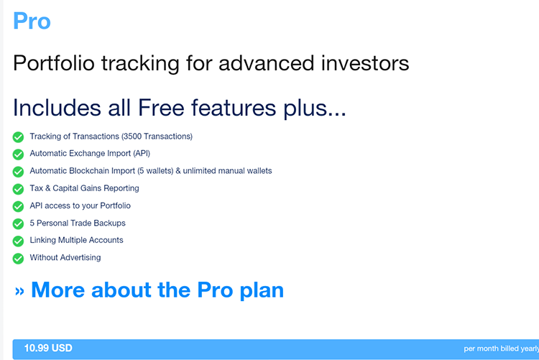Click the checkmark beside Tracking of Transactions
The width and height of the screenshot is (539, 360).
pyautogui.click(x=18, y=137)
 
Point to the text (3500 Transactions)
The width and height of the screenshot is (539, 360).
pyautogui.click(x=157, y=137)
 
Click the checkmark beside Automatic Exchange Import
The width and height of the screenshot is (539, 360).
pyautogui.click(x=18, y=154)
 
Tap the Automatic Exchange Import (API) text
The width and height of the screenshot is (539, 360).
pyautogui.click(x=90, y=154)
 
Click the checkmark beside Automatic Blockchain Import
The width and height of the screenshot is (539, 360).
pyautogui.click(x=18, y=172)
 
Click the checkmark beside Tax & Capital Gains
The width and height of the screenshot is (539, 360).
pyautogui.click(x=18, y=189)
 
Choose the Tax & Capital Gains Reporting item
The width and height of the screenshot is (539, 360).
pyautogui.click(x=84, y=188)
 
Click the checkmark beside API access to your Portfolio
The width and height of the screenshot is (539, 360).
pyautogui.click(x=18, y=206)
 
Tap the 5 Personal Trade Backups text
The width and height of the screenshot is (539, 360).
pyautogui.click(x=78, y=223)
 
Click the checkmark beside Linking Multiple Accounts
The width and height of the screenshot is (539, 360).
pyautogui.click(x=18, y=241)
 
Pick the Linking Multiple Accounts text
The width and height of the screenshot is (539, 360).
pyautogui.click(x=76, y=240)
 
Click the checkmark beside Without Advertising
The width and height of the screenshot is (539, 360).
pyautogui.click(x=18, y=258)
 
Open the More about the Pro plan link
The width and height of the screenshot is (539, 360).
pyautogui.click(x=149, y=290)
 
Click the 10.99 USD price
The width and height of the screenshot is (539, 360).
pyautogui.click(x=48, y=349)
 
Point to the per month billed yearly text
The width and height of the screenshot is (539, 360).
pyautogui.click(x=500, y=349)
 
